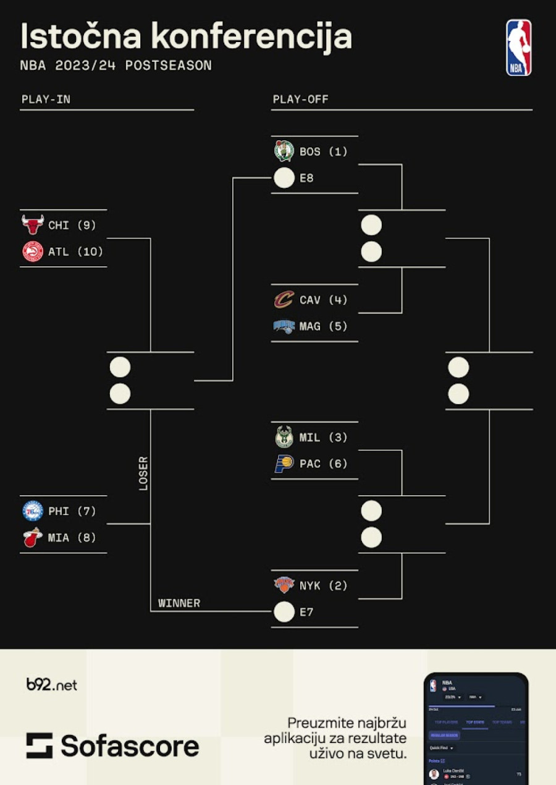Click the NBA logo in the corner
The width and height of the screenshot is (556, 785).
tap(518, 48)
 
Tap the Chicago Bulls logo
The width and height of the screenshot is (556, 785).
tap(33, 225)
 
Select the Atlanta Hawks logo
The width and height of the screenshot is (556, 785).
tap(33, 252)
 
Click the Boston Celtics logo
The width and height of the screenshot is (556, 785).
tap(284, 151)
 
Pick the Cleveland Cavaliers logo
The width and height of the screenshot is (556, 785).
tap(284, 300)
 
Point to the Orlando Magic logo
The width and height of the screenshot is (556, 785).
tap(284, 326)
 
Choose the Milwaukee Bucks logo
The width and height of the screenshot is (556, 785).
tap(284, 437)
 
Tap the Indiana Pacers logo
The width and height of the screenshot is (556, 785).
tap(284, 464)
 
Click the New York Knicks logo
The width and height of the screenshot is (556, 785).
tap(284, 585)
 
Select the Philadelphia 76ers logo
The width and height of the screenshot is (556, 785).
tap(33, 511)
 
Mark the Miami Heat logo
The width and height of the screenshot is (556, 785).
tap(33, 538)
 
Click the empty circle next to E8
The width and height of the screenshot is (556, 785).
tap(284, 178)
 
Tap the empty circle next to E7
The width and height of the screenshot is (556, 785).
tap(284, 612)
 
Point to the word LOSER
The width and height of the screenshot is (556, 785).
tap(143, 473)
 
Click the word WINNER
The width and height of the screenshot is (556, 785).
tap(179, 603)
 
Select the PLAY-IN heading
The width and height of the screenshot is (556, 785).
tap(46, 100)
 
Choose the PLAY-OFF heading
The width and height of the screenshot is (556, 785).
tap(301, 100)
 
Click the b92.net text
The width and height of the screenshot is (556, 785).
tap(52, 685)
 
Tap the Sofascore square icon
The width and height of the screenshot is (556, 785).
tap(40, 745)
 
